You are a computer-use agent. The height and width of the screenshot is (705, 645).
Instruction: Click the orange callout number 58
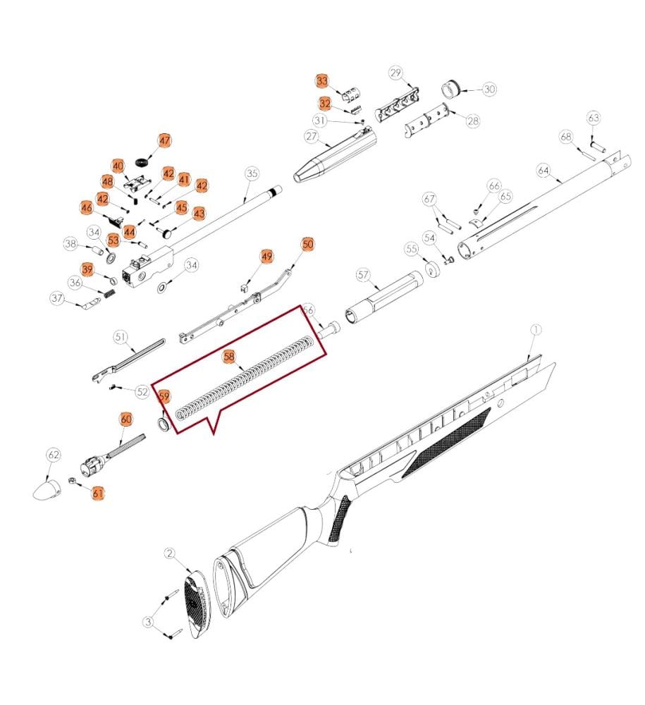pyautogui.click(x=229, y=357)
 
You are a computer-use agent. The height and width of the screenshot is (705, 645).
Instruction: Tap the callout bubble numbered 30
pyautogui.click(x=489, y=89)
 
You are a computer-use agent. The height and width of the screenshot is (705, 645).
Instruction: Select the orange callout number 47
pyautogui.click(x=165, y=140)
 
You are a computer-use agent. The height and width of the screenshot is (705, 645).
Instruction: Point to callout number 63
pyautogui.click(x=594, y=118)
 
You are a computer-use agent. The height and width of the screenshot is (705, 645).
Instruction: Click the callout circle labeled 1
pyautogui.click(x=536, y=330)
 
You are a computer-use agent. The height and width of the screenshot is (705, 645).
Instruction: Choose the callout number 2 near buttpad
pyautogui.click(x=169, y=553)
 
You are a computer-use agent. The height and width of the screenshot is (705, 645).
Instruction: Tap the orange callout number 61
pyautogui.click(x=98, y=493)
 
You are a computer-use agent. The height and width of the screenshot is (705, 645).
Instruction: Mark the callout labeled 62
pyautogui.click(x=54, y=455)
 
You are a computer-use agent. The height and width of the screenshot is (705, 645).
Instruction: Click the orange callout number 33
pyautogui.click(x=322, y=81)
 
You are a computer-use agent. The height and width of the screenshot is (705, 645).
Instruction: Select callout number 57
pyautogui.click(x=363, y=275)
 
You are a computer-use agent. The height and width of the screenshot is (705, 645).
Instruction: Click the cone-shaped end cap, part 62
pyautogui.click(x=47, y=490)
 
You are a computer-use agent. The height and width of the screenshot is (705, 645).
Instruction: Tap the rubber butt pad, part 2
pyautogui.click(x=197, y=603)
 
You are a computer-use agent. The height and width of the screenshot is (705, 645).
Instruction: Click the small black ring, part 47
pyautogui.click(x=142, y=161)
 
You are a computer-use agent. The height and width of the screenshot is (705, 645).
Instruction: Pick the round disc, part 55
pyautogui.click(x=432, y=269)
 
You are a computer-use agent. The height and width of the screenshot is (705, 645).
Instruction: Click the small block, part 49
pyautogui.click(x=245, y=287)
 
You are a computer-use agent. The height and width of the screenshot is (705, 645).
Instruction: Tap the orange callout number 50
pyautogui.click(x=307, y=244)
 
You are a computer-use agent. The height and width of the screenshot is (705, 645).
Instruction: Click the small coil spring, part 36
pyautogui.click(x=110, y=293)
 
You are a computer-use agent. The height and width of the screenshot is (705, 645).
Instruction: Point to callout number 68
pyautogui.click(x=566, y=136)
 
